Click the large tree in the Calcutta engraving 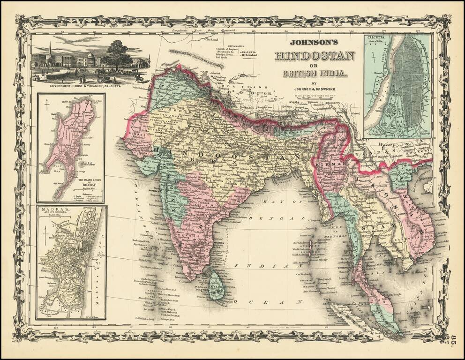tap(117, 54)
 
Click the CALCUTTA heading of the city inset tap(376, 39)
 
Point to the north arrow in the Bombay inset tap(47, 108)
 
